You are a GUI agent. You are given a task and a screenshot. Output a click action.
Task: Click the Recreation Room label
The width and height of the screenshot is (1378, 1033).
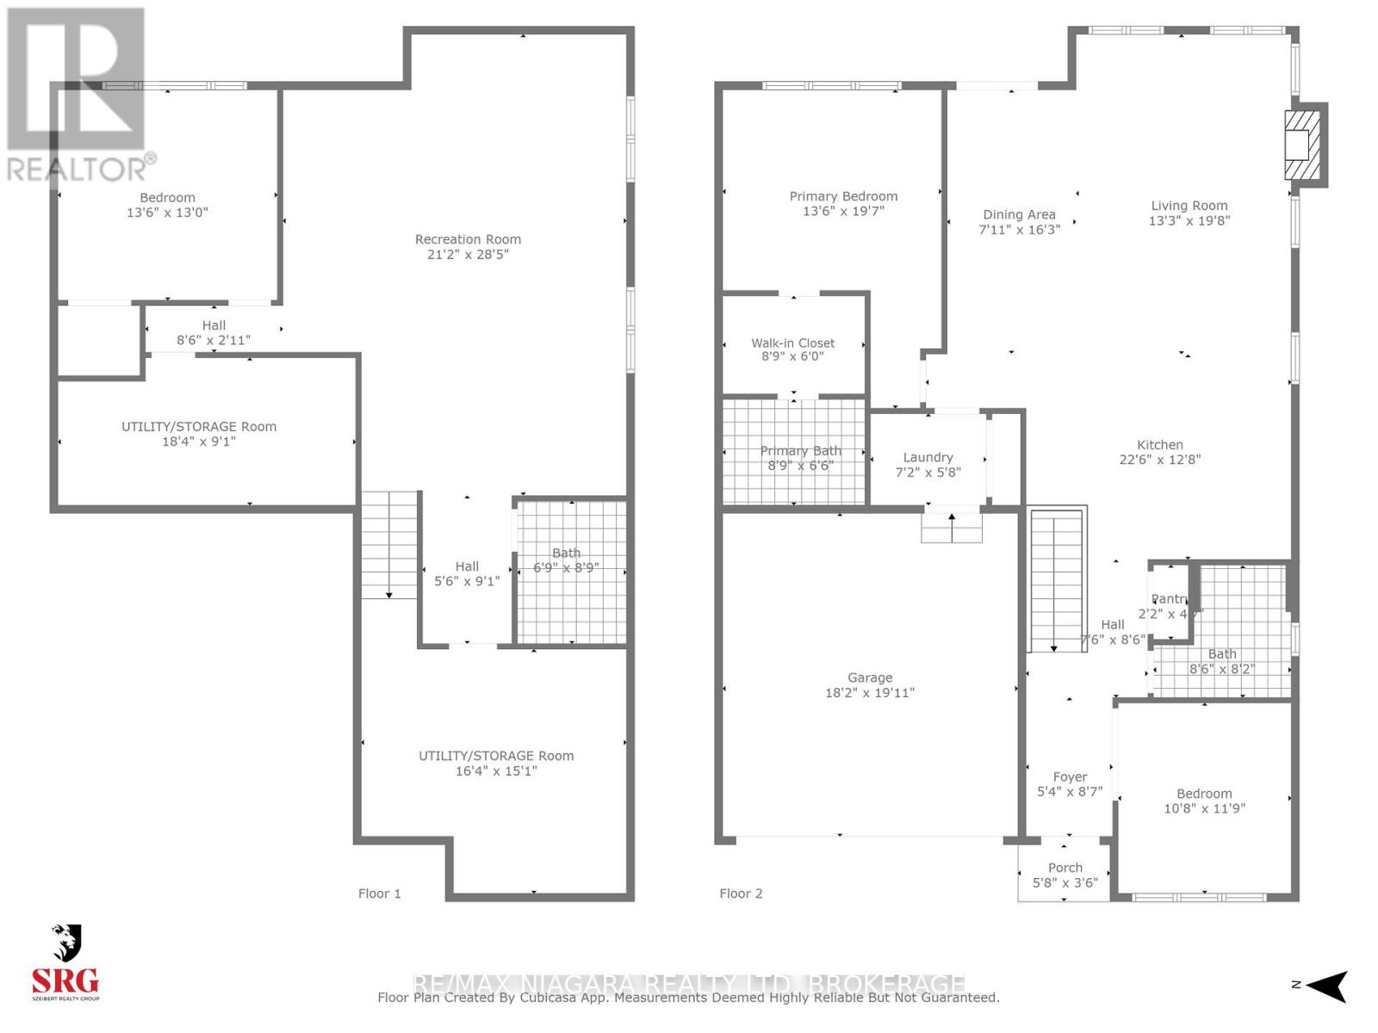point(468,239)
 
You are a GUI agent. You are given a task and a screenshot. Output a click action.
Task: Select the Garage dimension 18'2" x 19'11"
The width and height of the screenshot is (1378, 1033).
point(870,692)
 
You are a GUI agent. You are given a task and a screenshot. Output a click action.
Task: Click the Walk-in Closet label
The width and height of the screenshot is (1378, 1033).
point(792,343)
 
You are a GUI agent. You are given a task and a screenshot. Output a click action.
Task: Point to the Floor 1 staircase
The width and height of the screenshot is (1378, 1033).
point(389,545)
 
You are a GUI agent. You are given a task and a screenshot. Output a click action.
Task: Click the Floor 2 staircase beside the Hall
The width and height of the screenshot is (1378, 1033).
point(1057,581)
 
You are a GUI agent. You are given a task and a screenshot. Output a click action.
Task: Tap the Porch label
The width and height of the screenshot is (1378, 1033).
point(1065,868)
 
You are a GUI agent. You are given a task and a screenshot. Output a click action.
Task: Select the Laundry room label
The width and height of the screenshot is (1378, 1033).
point(928,457)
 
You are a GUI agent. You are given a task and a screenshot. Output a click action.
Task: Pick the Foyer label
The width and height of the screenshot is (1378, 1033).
point(1070,776)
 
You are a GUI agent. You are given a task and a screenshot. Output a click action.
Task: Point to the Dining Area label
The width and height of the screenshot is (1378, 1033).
point(1019,214)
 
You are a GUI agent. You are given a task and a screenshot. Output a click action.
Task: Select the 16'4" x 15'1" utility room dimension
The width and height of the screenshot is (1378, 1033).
point(496,770)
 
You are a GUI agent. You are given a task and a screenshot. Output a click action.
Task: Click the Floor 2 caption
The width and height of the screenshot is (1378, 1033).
point(741,894)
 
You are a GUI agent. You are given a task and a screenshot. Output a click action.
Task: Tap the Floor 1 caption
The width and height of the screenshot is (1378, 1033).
point(379,894)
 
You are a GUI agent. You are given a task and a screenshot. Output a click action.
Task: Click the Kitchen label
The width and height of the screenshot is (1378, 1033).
point(1159,445)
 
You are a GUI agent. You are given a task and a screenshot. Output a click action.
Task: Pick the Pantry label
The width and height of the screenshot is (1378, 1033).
point(1170,599)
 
